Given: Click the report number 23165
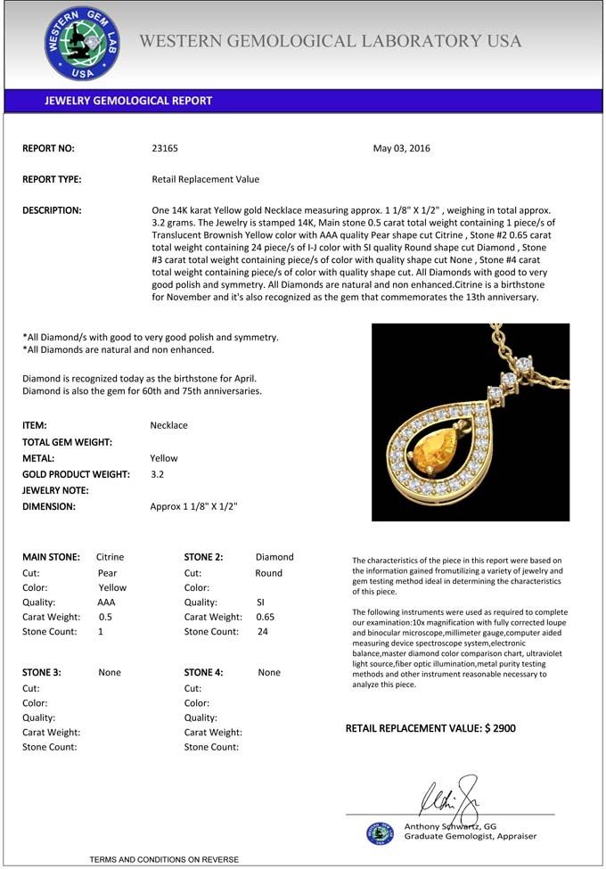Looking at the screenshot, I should point(165,149).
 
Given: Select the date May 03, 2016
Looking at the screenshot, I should point(401,149).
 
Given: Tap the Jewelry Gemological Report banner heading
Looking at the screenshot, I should point(128,101).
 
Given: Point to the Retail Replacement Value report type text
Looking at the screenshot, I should point(206,179).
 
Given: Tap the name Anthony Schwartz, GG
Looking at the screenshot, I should point(450,826).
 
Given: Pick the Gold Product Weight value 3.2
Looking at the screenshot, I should point(158,474).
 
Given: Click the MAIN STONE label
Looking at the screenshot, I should point(51,557).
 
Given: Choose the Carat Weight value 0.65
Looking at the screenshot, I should point(266,617).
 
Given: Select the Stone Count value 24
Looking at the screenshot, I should point(263,632).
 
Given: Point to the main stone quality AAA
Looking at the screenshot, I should point(106,603).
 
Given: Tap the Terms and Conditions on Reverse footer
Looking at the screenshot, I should point(164,859).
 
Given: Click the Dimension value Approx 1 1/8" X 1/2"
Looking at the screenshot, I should point(193,506).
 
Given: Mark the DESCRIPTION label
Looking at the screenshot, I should point(52,210).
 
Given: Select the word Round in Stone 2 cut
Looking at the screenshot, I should point(268,573).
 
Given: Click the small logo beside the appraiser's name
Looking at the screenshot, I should point(380,832).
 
